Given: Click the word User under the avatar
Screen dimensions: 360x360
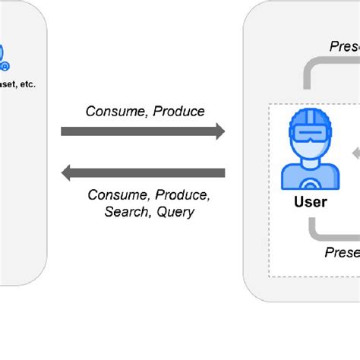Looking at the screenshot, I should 310,202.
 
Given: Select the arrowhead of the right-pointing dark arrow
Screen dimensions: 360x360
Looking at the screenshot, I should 219,131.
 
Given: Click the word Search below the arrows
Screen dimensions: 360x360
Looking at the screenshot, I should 127,212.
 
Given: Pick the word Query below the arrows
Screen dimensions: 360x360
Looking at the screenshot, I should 175,212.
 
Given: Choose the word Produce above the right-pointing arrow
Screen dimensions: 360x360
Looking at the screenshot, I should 178,111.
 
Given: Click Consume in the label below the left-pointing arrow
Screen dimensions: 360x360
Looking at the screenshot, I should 117,195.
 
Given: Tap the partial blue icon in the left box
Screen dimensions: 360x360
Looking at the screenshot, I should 3,55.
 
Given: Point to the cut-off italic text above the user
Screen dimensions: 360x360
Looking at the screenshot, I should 344,46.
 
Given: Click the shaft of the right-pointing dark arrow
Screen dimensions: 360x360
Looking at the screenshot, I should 137,131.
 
